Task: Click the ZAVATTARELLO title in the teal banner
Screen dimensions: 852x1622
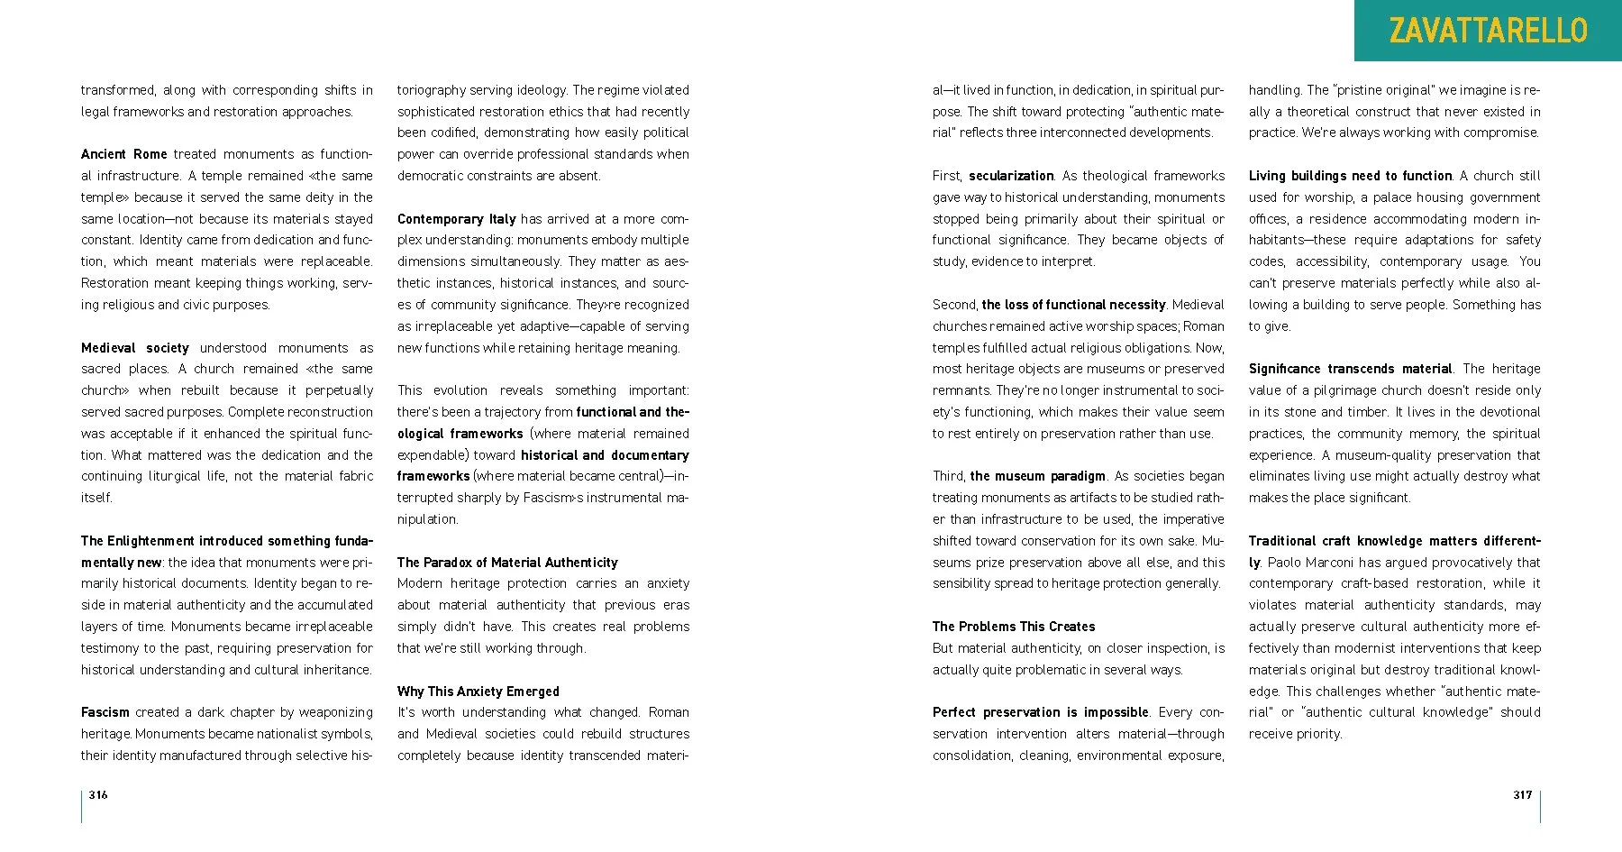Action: click(1488, 31)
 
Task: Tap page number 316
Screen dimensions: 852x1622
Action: click(98, 794)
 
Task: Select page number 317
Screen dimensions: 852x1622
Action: click(1523, 794)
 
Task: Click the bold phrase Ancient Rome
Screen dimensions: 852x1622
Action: click(123, 154)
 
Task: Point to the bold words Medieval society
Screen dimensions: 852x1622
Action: click(134, 348)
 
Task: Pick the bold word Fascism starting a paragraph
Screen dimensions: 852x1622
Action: click(105, 712)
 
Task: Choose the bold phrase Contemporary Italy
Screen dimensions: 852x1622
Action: click(456, 219)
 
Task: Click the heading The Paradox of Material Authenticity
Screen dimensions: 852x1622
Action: click(507, 563)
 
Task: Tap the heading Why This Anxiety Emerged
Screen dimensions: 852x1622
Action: click(478, 692)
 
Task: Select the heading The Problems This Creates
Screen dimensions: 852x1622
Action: click(1014, 627)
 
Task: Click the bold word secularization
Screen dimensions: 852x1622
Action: click(1011, 176)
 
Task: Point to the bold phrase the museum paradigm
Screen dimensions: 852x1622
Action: click(1038, 476)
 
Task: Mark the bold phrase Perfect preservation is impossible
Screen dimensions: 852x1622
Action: click(1041, 712)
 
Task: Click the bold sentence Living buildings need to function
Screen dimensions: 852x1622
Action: click(1350, 176)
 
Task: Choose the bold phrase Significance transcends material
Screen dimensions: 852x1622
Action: click(1350, 369)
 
